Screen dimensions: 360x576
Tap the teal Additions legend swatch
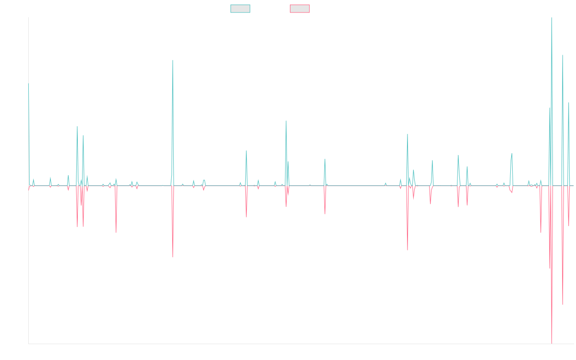pyautogui.click(x=240, y=9)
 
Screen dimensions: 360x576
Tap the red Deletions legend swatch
pyautogui.click(x=300, y=9)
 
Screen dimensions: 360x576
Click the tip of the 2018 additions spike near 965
pyautogui.click(x=173, y=60)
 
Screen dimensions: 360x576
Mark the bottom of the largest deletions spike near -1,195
pyautogui.click(x=552, y=343)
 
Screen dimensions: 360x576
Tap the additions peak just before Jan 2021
pyautogui.click(x=286, y=121)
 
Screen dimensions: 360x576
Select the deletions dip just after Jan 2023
pyautogui.click(x=408, y=250)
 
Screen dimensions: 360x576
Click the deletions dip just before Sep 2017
pyautogui.click(x=116, y=232)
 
